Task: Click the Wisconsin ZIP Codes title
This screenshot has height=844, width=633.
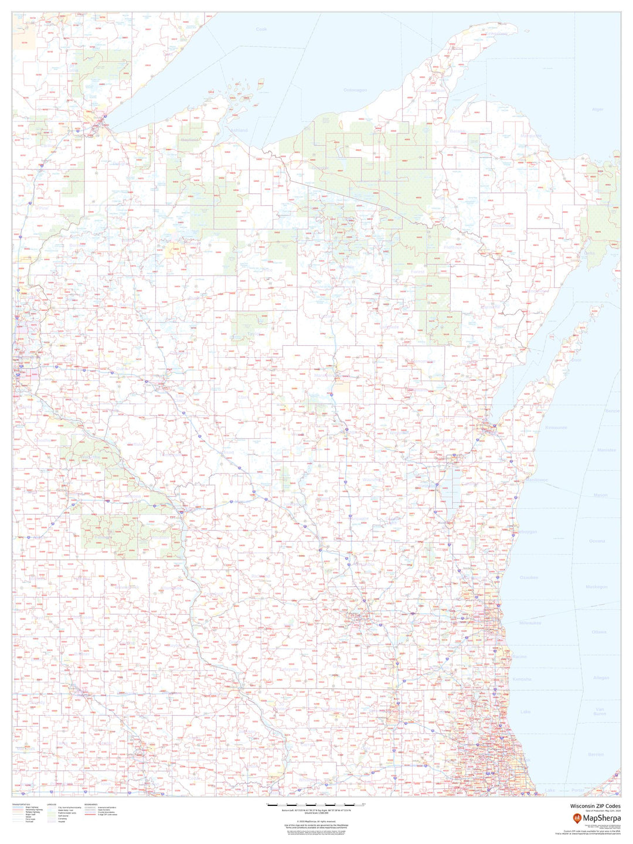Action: click(x=595, y=806)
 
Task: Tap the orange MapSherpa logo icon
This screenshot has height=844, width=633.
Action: click(x=577, y=818)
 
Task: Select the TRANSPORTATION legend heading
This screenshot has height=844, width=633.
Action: click(x=22, y=804)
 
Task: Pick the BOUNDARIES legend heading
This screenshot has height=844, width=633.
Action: click(x=91, y=804)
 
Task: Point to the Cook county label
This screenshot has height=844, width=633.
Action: click(x=261, y=29)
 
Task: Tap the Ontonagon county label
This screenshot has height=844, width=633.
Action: click(x=355, y=90)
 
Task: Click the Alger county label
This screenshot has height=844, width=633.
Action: click(x=597, y=110)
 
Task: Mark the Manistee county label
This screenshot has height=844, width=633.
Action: click(x=607, y=450)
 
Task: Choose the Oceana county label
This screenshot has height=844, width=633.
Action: click(x=597, y=541)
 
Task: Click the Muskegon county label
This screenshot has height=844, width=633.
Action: click(x=597, y=587)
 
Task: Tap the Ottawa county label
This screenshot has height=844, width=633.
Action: click(x=599, y=632)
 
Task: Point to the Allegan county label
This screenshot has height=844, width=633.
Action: click(x=601, y=678)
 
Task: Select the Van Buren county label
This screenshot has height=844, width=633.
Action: click(x=600, y=711)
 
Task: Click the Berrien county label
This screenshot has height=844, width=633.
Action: click(x=595, y=754)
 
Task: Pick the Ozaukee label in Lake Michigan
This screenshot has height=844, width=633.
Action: click(x=529, y=577)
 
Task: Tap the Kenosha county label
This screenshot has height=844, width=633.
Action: click(x=522, y=679)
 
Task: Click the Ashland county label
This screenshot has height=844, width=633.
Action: click(x=239, y=130)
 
